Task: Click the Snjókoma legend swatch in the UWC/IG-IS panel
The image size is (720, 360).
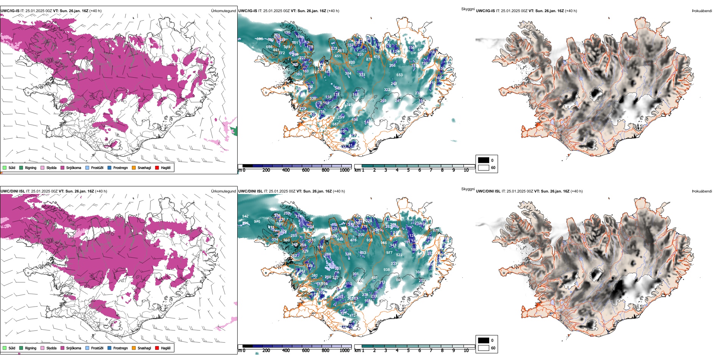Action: [x=63, y=167]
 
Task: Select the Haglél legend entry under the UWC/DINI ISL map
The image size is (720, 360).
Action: [x=166, y=348]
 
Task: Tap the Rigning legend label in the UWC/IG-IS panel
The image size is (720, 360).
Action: [x=31, y=167]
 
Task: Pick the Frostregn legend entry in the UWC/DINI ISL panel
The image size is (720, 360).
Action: [x=121, y=348]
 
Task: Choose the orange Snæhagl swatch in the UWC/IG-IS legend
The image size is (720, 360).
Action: [x=134, y=167]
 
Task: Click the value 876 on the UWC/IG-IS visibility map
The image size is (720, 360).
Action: [x=369, y=59]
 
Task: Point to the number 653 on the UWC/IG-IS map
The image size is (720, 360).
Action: [x=399, y=75]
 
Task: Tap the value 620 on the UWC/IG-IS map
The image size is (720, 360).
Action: [x=352, y=63]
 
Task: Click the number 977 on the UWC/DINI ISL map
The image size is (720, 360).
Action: [x=389, y=252]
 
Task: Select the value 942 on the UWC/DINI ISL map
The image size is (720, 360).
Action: [x=245, y=216]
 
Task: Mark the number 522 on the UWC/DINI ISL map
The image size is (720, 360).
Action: [x=399, y=255]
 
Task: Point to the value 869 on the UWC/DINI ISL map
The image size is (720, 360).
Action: [x=399, y=280]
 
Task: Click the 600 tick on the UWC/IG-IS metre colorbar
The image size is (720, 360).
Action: [x=306, y=170]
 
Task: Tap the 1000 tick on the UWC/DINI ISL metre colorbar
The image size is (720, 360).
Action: [x=344, y=351]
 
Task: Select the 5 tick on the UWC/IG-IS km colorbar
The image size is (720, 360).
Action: [x=409, y=170]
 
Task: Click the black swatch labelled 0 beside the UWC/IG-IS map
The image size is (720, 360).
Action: [x=484, y=160]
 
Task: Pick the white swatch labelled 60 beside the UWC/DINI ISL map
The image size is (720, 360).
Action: [x=484, y=348]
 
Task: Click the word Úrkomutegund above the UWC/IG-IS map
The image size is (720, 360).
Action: [x=223, y=11]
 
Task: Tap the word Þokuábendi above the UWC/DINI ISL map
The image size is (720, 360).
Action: [x=702, y=191]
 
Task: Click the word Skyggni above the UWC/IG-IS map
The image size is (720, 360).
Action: [x=468, y=9]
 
